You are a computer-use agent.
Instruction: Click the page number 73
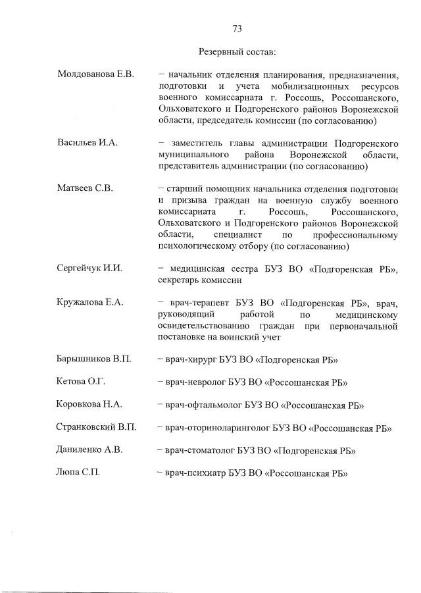pyautogui.click(x=237, y=28)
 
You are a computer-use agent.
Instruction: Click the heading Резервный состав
pyautogui.click(x=237, y=51)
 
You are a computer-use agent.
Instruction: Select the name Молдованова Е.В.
pyautogui.click(x=95, y=74)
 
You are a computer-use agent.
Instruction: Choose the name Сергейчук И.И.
pyautogui.click(x=90, y=268)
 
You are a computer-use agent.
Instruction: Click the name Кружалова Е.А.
pyautogui.click(x=91, y=303)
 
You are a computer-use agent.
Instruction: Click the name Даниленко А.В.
pyautogui.click(x=90, y=450)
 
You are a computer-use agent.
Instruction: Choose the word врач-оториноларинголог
pyautogui.click(x=218, y=428)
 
